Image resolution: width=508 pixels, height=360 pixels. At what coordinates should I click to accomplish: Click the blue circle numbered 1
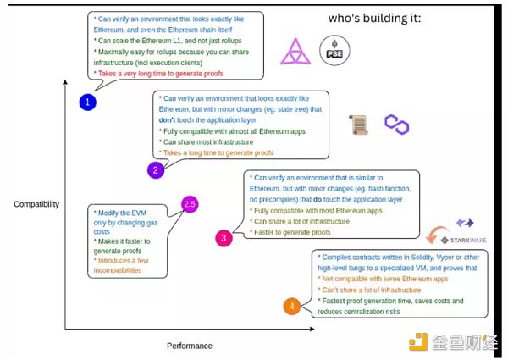pyautogui.click(x=88, y=102)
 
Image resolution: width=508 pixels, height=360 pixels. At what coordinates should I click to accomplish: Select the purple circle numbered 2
pyautogui.click(x=155, y=170)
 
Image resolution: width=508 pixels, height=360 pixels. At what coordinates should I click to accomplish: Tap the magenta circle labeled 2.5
pyautogui.click(x=190, y=204)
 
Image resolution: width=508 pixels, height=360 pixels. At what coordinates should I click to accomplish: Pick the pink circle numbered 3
pyautogui.click(x=224, y=238)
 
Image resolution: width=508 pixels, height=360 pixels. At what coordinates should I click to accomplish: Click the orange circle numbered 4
pyautogui.click(x=290, y=306)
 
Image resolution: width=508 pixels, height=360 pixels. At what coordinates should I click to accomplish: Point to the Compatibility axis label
pyautogui.click(x=36, y=204)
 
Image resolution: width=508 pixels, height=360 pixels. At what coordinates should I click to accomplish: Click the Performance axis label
pyautogui.click(x=189, y=346)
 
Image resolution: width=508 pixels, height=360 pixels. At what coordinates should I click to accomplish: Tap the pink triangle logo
pyautogui.click(x=295, y=50)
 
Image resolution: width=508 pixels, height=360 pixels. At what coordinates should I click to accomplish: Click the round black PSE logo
pyautogui.click(x=333, y=50)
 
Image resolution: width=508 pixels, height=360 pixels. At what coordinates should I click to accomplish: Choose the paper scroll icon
pyautogui.click(x=359, y=125)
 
